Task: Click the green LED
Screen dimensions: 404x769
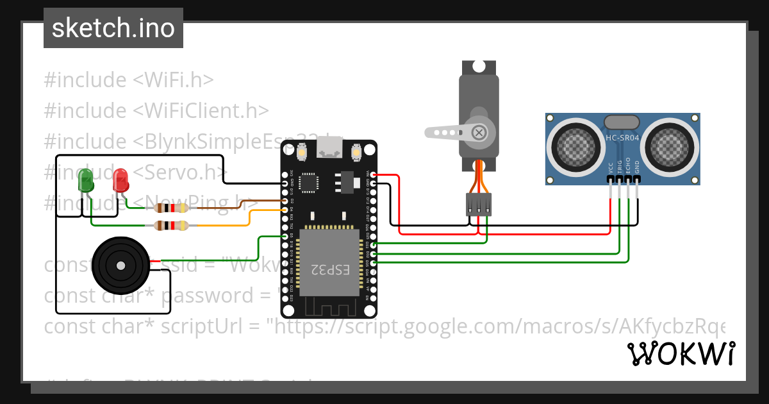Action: pyautogui.click(x=86, y=181)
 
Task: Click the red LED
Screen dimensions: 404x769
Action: pyautogui.click(x=120, y=180)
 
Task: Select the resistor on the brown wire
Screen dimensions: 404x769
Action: pyautogui.click(x=170, y=207)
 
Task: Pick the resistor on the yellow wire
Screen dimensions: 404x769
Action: pyautogui.click(x=170, y=225)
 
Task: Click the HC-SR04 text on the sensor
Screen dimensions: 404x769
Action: pyautogui.click(x=622, y=138)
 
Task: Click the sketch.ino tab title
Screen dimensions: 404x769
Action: pyautogui.click(x=113, y=28)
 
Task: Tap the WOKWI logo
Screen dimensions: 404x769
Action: pyautogui.click(x=681, y=353)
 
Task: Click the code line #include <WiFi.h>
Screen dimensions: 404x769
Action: pyautogui.click(x=128, y=80)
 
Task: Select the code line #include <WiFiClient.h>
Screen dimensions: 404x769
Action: pyautogui.click(x=156, y=110)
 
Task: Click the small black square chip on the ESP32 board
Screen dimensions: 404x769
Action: pyautogui.click(x=309, y=183)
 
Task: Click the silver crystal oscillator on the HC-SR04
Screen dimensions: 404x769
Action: pyautogui.click(x=622, y=121)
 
